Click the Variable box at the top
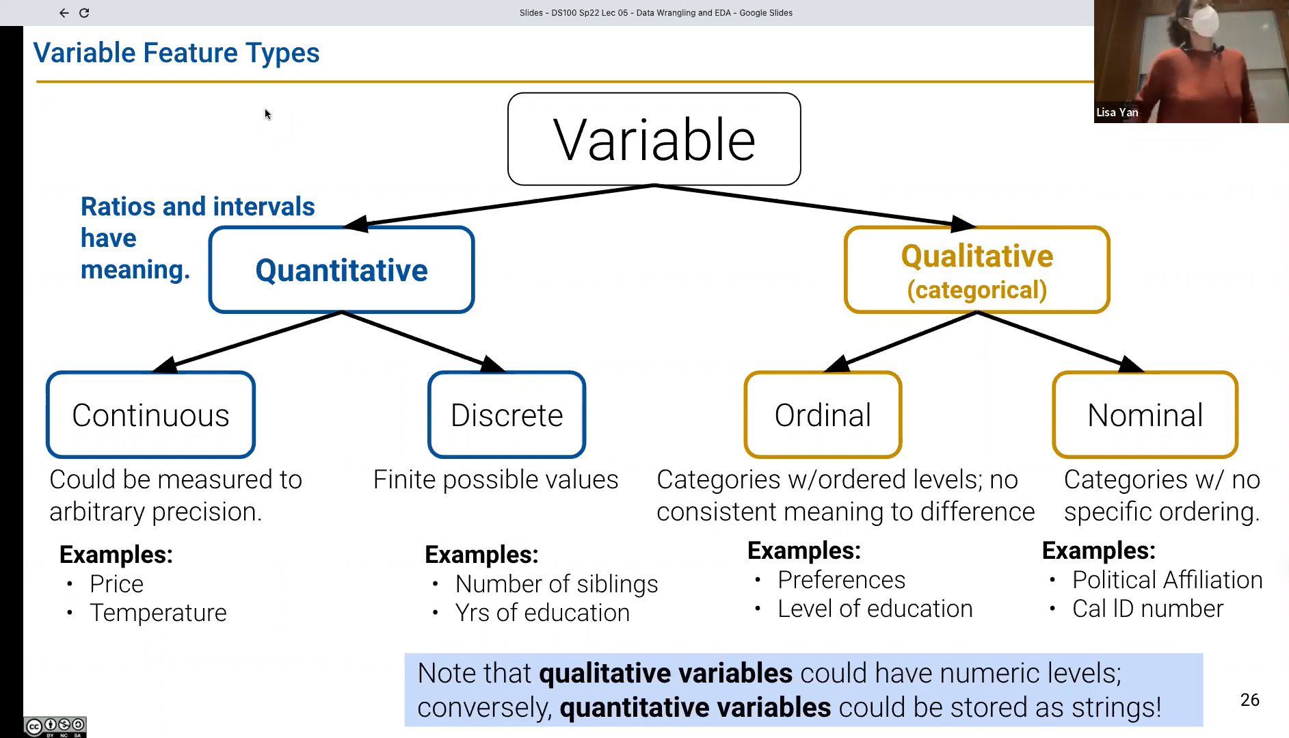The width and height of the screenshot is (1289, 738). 654,139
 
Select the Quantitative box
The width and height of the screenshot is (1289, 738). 341,269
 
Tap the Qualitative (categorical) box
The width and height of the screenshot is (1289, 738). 976,269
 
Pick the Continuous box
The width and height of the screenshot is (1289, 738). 150,414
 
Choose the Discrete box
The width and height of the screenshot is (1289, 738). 507,414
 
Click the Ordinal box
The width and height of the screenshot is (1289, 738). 823,414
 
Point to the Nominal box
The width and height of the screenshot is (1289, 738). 1145,414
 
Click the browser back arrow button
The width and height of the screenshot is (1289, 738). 64,13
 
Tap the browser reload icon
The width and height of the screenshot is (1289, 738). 84,13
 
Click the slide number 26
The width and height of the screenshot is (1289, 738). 1249,700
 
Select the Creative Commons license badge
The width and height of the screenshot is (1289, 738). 55,726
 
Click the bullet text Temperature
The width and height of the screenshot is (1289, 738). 158,613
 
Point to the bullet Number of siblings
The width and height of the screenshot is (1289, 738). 557,584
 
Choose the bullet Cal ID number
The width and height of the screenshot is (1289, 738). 1147,609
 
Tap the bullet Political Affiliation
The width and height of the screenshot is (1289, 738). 1167,580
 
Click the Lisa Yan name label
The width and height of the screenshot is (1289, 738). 1117,113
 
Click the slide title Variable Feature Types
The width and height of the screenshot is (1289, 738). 176,53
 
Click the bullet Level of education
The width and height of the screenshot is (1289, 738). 875,609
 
